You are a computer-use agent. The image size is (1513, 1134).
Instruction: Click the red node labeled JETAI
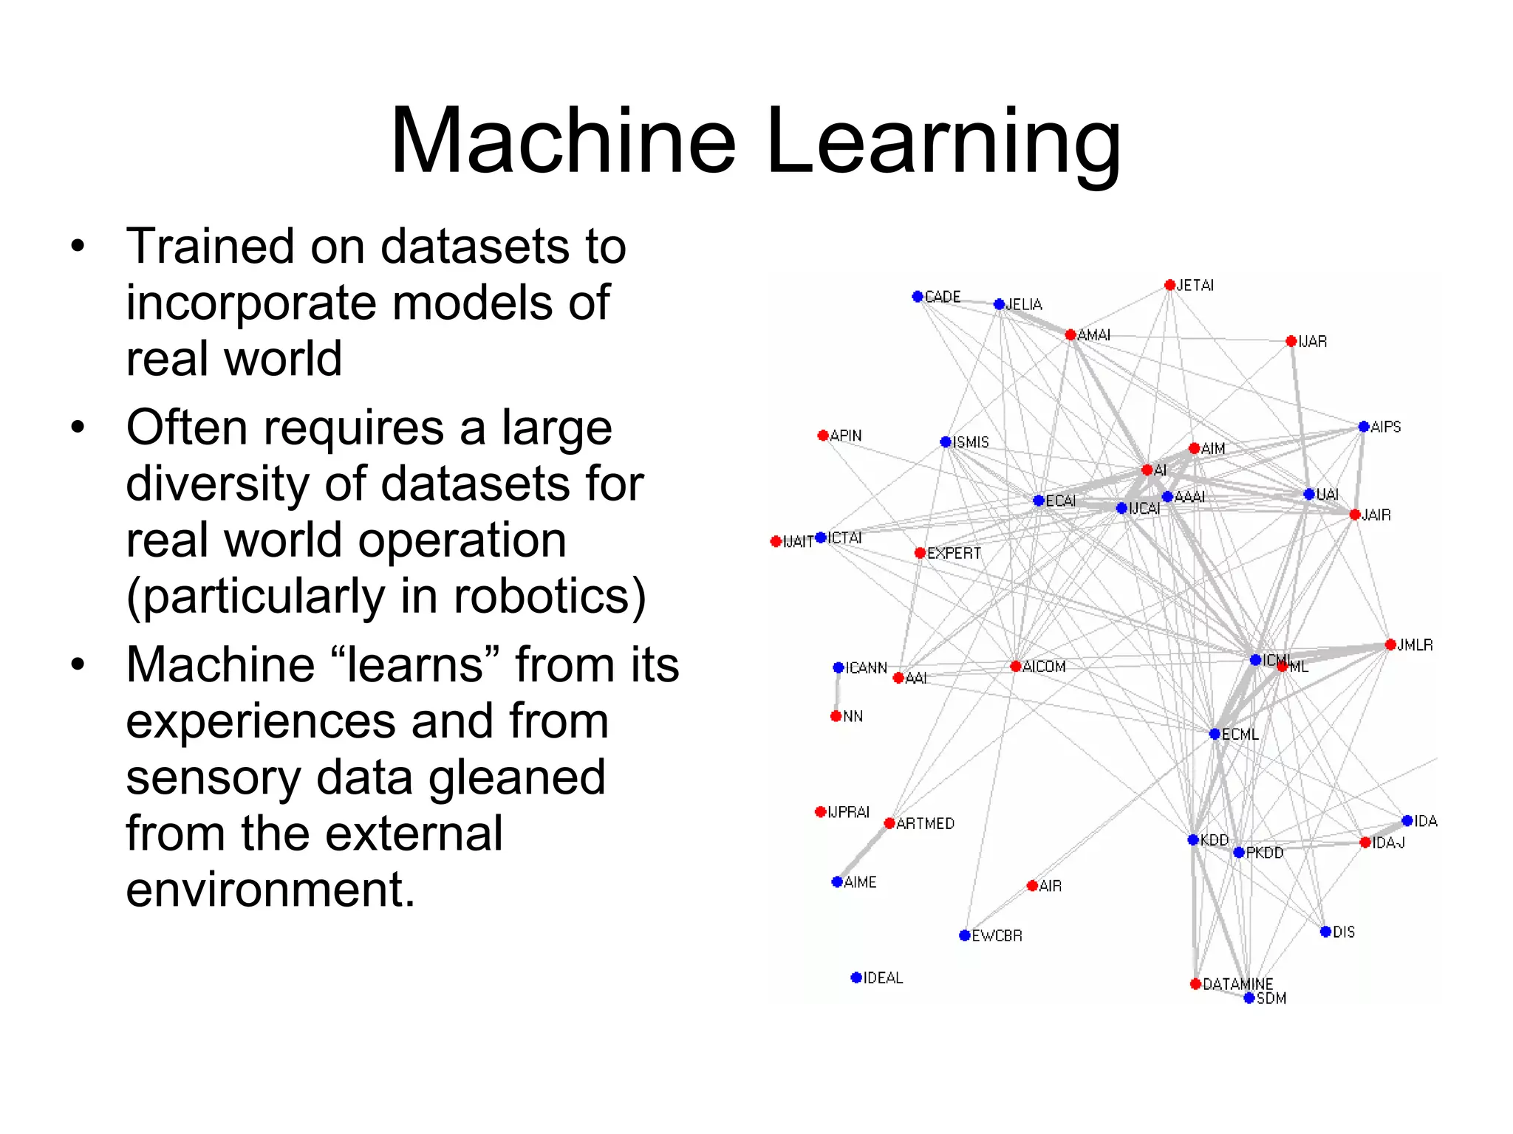pos(1169,285)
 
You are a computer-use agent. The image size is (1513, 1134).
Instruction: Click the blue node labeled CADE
pos(918,297)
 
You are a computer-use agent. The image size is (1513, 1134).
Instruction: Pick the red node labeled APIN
pos(823,436)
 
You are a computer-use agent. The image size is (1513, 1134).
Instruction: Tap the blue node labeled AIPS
pos(1364,427)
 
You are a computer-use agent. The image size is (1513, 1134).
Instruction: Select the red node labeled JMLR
pos(1390,645)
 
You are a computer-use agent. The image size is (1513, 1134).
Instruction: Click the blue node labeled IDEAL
pos(856,977)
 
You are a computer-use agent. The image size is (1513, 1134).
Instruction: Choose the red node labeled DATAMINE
pos(1195,983)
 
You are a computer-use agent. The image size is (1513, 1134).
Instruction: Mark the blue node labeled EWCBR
pos(964,935)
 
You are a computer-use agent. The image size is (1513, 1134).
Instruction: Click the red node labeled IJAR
pos(1291,341)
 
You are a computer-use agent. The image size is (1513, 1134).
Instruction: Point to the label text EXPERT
pos(954,554)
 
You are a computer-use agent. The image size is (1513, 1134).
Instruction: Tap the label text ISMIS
pos(971,442)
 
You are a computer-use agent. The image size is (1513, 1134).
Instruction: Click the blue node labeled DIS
pos(1325,932)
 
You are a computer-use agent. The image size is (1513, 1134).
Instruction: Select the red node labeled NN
pos(836,716)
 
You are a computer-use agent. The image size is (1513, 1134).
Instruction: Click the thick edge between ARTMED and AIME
pos(863,853)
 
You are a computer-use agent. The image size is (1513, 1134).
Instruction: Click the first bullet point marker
pos(78,247)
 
